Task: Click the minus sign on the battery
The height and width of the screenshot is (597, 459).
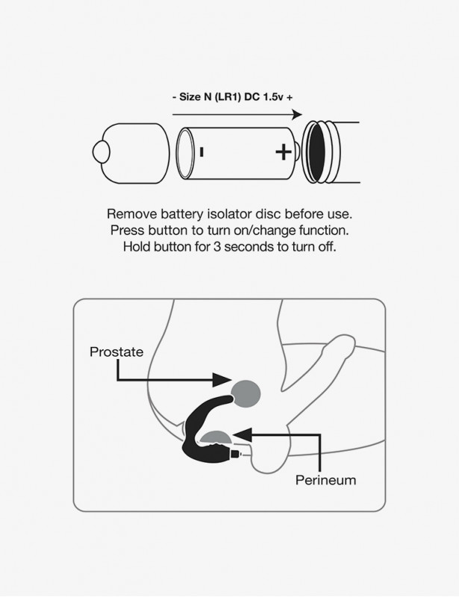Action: click(x=202, y=152)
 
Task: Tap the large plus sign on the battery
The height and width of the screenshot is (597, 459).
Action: click(x=284, y=152)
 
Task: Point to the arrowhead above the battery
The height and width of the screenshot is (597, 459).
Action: click(x=296, y=114)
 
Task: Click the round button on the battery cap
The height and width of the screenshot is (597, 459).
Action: click(x=101, y=152)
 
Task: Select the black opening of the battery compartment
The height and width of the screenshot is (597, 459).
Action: click(x=316, y=152)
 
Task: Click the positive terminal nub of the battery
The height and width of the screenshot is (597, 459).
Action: click(x=297, y=152)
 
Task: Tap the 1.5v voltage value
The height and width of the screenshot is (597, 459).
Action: click(x=273, y=97)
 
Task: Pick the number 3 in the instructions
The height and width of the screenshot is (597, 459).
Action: click(x=216, y=247)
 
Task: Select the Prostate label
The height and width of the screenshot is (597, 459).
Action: click(x=116, y=351)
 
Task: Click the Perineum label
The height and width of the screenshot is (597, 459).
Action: click(x=325, y=480)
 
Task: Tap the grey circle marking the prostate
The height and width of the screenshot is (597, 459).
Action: click(x=246, y=394)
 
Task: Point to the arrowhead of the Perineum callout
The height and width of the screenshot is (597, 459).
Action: click(x=243, y=434)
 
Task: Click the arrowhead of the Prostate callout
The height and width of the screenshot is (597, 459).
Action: click(x=222, y=379)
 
